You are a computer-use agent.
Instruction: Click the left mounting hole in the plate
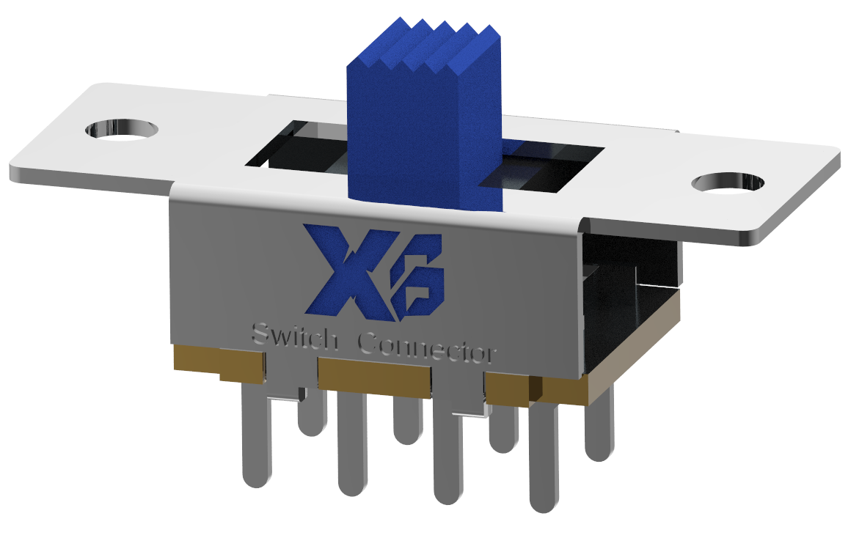[122, 130]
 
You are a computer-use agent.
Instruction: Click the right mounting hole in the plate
[728, 183]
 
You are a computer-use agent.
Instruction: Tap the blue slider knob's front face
[412, 136]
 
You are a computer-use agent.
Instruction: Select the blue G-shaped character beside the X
[417, 276]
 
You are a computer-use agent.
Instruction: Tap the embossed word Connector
[427, 349]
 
